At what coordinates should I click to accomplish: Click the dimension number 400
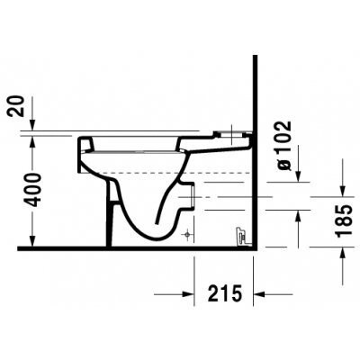pyautogui.click(x=32, y=190)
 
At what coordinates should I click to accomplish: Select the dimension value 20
pyautogui.click(x=15, y=106)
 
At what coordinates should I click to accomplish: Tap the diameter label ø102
pyautogui.click(x=283, y=146)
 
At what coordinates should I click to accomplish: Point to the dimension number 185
pyautogui.click(x=344, y=221)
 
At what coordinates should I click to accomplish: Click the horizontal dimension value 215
pyautogui.click(x=224, y=293)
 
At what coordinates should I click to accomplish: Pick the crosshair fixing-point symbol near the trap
pyautogui.click(x=187, y=234)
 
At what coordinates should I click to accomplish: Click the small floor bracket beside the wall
pyautogui.click(x=241, y=237)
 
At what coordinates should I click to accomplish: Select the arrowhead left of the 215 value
pyautogui.click(x=187, y=294)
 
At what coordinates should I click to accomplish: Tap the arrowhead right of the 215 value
pyautogui.click(x=259, y=294)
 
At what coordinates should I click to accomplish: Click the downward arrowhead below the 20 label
pyautogui.click(x=32, y=125)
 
